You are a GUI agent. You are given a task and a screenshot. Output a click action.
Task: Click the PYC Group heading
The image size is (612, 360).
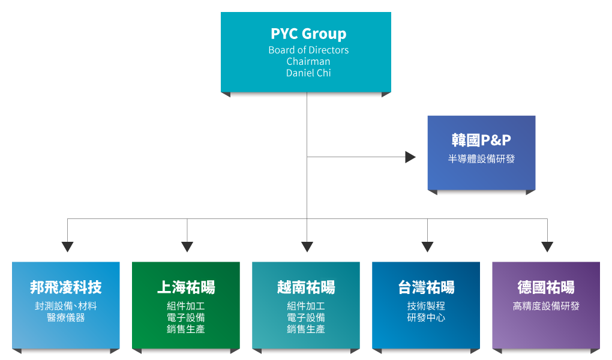(x=308, y=34)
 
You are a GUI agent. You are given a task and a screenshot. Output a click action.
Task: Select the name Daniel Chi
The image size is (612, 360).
(x=308, y=73)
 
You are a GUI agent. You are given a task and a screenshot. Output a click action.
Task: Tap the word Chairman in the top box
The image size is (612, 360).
(x=308, y=61)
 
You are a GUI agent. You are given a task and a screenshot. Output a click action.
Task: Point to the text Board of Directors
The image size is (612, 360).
(x=308, y=50)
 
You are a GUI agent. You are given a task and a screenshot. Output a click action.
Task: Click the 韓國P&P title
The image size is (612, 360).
(x=481, y=140)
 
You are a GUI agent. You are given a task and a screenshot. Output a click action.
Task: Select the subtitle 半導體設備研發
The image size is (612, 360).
(x=481, y=158)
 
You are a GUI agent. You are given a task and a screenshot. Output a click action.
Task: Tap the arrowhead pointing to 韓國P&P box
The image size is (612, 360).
(x=410, y=157)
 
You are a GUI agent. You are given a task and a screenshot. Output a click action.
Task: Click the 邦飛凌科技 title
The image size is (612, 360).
(x=66, y=287)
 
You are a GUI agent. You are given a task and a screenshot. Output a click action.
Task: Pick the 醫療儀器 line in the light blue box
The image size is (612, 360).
(x=66, y=317)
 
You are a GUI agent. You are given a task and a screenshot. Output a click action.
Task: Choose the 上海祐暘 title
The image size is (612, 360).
(x=186, y=287)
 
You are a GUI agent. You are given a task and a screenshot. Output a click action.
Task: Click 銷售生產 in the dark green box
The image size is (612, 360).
(x=186, y=329)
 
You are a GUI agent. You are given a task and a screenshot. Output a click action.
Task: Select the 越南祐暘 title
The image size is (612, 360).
(x=306, y=287)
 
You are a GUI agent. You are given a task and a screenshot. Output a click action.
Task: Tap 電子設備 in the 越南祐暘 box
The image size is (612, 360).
(x=306, y=317)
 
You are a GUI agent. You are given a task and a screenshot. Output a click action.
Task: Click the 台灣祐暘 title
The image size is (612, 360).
(x=426, y=287)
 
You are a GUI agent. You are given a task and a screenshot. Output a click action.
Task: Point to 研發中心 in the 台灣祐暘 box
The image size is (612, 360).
(x=426, y=317)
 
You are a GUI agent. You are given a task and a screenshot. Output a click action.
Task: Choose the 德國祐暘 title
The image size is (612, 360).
(x=546, y=287)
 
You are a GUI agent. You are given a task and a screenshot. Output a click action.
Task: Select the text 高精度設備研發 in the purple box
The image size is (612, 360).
(x=546, y=306)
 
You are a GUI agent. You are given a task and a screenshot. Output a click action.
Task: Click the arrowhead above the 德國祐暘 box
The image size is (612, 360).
(x=547, y=247)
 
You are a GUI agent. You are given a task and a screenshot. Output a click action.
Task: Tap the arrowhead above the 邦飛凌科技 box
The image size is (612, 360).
(x=68, y=247)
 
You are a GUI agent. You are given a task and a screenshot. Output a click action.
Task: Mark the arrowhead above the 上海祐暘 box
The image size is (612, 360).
(x=187, y=247)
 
